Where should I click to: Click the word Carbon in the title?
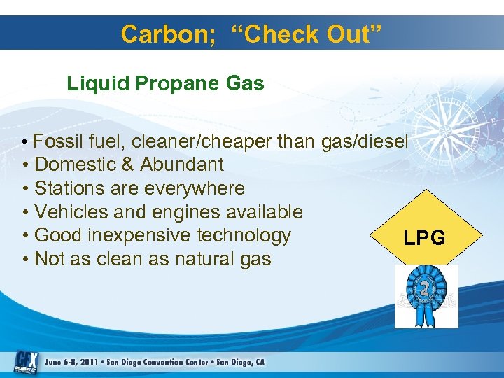click(x=160, y=34)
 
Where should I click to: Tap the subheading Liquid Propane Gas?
click(x=165, y=84)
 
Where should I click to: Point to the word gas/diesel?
click(x=364, y=141)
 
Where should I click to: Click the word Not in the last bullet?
click(x=49, y=259)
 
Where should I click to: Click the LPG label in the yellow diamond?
click(x=424, y=239)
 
